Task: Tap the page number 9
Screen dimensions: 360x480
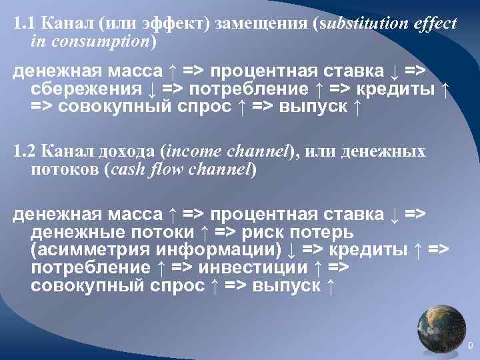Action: [x=470, y=345]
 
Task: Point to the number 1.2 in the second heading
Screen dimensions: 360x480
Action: [x=24, y=152]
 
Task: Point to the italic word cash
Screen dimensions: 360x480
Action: [x=129, y=169]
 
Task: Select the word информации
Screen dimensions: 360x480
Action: [x=211, y=250]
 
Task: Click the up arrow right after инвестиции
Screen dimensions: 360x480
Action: [x=317, y=268]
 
